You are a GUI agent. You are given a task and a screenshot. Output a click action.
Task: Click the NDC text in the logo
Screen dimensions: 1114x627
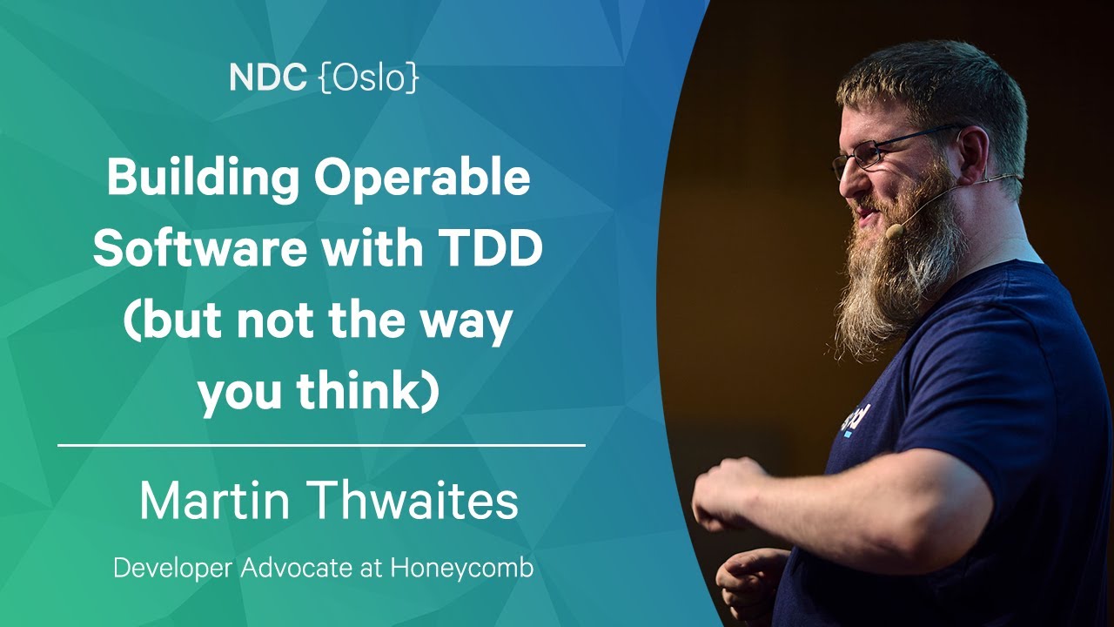[x=267, y=78]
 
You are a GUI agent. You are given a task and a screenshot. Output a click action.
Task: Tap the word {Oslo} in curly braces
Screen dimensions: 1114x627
[x=370, y=78]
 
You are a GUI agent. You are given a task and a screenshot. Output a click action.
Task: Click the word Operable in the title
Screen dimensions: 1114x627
[x=422, y=180]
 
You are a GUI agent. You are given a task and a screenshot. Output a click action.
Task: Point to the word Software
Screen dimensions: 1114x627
[x=200, y=248]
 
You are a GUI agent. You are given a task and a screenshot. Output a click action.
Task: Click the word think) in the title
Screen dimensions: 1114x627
[x=368, y=390]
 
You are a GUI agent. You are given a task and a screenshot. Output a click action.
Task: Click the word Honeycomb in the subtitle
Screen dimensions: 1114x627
[x=462, y=569]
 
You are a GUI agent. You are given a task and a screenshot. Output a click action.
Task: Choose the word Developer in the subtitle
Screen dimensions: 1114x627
[x=173, y=569]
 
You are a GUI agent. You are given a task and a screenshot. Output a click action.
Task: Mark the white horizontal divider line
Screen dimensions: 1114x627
[x=321, y=445]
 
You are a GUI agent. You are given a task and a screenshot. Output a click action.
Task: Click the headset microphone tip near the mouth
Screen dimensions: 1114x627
[x=895, y=231]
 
